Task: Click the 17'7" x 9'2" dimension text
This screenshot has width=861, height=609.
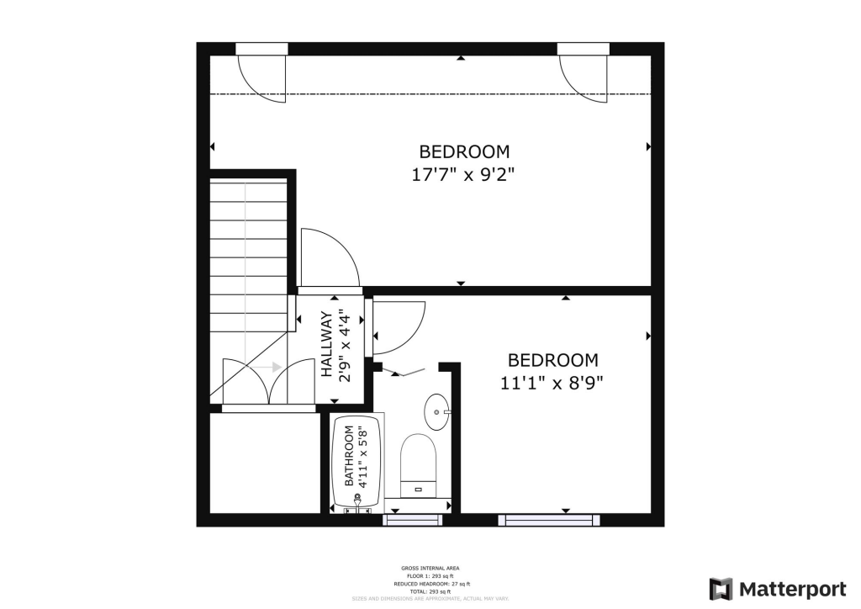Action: coord(464,176)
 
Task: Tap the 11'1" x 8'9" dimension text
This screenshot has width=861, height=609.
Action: coord(552,383)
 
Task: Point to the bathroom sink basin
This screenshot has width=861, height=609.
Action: coord(437,410)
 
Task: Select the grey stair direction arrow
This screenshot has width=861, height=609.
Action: coord(268,367)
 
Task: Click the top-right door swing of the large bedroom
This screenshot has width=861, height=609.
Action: coord(585,77)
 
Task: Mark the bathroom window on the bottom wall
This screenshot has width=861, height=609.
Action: coord(412,520)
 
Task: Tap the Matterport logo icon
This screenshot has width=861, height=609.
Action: coord(721,587)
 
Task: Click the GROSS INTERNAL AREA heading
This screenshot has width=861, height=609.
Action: coord(430,569)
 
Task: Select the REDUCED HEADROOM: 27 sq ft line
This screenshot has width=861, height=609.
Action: coord(430,584)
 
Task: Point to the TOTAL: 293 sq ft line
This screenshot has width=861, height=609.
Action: coord(430,591)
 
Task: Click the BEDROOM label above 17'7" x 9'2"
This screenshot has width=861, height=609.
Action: coord(464,152)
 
